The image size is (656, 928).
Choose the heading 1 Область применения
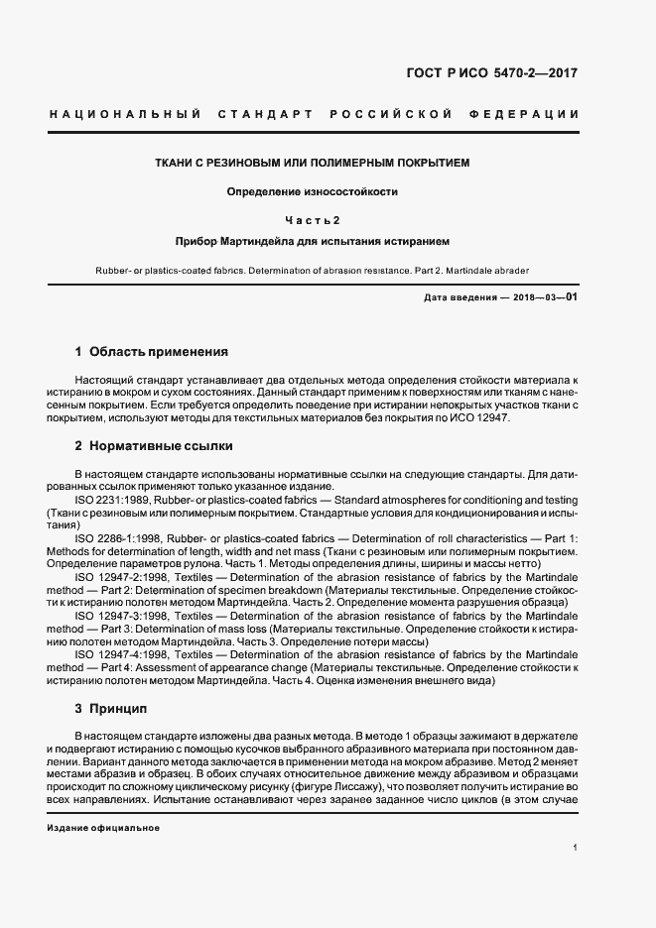(x=152, y=352)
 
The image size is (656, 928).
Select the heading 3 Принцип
(x=111, y=709)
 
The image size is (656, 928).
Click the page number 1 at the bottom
(x=576, y=846)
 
